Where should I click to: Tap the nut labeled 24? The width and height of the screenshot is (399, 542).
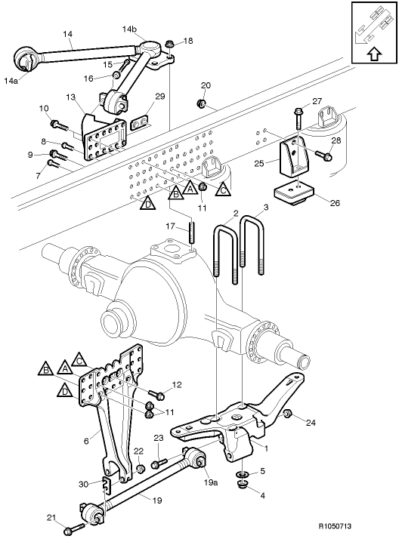pyautogui.click(x=288, y=414)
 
